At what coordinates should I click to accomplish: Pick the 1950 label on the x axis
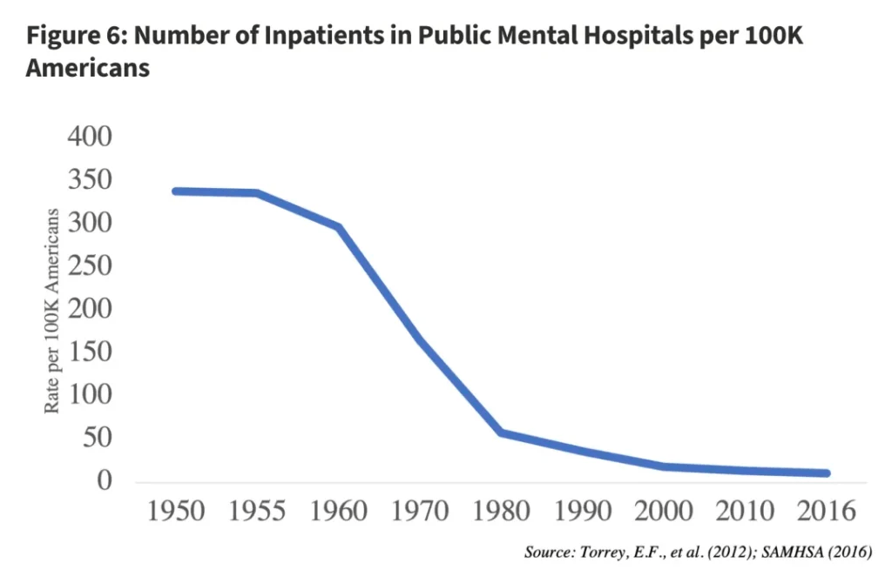point(176,511)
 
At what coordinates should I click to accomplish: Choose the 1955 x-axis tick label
point(257,511)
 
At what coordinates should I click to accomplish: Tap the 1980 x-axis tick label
point(501,511)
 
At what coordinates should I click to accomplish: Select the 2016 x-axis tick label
point(827,511)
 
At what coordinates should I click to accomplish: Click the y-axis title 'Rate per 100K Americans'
point(53,311)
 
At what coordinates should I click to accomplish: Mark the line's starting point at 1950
point(176,191)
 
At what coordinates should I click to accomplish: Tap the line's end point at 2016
point(826,473)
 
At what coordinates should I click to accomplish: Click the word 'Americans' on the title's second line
point(87,68)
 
